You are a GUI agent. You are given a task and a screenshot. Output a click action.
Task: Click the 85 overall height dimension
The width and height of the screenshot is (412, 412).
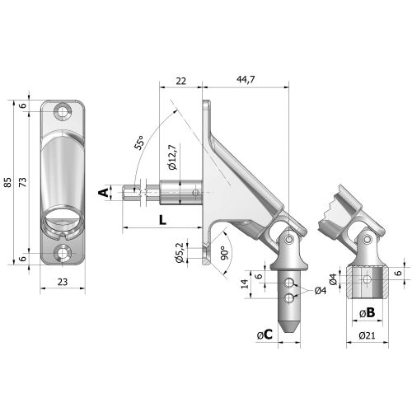[9, 183]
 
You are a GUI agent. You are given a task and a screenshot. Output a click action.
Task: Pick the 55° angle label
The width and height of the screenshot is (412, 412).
[141, 145]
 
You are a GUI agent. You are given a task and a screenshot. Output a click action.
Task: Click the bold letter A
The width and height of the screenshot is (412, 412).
[103, 193]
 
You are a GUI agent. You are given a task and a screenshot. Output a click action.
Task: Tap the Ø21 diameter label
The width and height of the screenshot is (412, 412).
[368, 335]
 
